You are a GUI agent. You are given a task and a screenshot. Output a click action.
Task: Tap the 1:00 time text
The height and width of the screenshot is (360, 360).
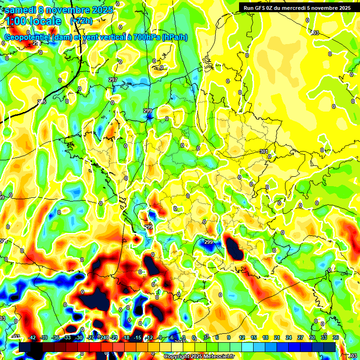pos(17,21)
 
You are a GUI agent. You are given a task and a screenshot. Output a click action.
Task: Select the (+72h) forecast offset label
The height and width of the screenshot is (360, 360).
pos(81,21)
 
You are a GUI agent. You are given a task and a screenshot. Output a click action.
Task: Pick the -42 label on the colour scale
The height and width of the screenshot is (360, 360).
pos(32,337)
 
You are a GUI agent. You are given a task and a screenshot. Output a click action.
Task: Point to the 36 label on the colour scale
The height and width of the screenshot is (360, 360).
pos(336,337)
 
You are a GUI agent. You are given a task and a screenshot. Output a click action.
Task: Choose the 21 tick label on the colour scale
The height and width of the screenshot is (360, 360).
pos(277,337)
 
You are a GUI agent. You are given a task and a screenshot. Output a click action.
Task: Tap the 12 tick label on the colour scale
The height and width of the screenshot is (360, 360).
pos(241,337)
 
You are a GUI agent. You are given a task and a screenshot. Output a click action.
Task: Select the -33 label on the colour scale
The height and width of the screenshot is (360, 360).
pos(67,337)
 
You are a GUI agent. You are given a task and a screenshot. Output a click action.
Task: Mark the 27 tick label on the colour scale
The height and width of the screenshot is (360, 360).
pos(300,337)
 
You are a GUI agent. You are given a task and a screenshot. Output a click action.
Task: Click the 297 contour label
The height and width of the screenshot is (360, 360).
pos(112,80)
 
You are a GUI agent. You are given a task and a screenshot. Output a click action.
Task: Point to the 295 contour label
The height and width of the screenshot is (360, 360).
pos(42,102)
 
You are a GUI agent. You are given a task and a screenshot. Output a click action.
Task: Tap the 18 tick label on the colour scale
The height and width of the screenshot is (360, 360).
pos(265,337)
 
